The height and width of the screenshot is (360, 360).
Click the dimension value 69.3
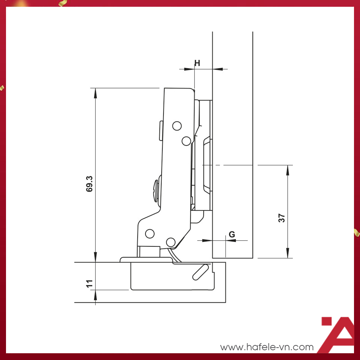click(x=89, y=183)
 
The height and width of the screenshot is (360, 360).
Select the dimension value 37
click(x=282, y=218)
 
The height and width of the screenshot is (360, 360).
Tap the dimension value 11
click(x=89, y=283)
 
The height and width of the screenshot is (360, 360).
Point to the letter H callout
click(x=197, y=63)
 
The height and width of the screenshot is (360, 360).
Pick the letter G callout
click(x=232, y=234)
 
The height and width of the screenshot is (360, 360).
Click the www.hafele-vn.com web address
click(x=267, y=347)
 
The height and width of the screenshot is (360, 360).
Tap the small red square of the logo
click(x=327, y=322)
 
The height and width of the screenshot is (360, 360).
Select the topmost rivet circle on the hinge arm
click(x=177, y=126)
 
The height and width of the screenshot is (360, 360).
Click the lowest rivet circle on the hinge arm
click(x=171, y=242)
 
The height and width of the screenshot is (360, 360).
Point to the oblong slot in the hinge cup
click(x=200, y=272)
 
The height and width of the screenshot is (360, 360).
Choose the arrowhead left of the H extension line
click(x=190, y=69)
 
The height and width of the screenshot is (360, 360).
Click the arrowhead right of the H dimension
click(x=217, y=69)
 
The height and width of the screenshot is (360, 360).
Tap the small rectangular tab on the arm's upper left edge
click(x=160, y=130)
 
